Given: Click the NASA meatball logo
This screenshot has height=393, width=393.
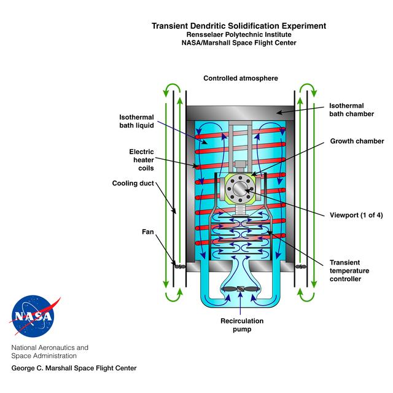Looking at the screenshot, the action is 34,316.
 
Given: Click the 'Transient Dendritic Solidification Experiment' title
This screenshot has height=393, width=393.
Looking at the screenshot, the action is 239,26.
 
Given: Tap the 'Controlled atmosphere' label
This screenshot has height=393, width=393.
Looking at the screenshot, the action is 241,78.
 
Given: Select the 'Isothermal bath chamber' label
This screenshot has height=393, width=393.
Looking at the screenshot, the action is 351,110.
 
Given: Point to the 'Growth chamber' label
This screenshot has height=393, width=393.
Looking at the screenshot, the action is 357,141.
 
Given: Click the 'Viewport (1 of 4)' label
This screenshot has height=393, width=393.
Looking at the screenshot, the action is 356,215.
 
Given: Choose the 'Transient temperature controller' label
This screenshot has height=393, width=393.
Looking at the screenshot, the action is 349,271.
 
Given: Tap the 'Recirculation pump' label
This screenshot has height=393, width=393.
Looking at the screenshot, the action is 242,325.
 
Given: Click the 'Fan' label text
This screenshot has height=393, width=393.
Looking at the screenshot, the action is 148,232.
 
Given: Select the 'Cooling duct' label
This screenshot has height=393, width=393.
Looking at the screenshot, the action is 133,183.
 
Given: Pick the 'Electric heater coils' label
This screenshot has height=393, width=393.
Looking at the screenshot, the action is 141,160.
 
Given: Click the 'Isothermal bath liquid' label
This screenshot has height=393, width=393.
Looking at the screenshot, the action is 136,122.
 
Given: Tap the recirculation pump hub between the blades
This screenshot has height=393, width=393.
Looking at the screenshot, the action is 240,289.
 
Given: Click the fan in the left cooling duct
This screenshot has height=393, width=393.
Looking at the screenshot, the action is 180,267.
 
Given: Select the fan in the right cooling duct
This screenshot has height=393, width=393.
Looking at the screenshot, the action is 301,267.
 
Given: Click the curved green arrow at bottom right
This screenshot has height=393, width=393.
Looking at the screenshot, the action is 307,298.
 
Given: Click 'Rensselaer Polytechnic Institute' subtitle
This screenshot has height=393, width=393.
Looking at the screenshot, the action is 239,34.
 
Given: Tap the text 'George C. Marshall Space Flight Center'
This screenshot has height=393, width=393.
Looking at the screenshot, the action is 74,368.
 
